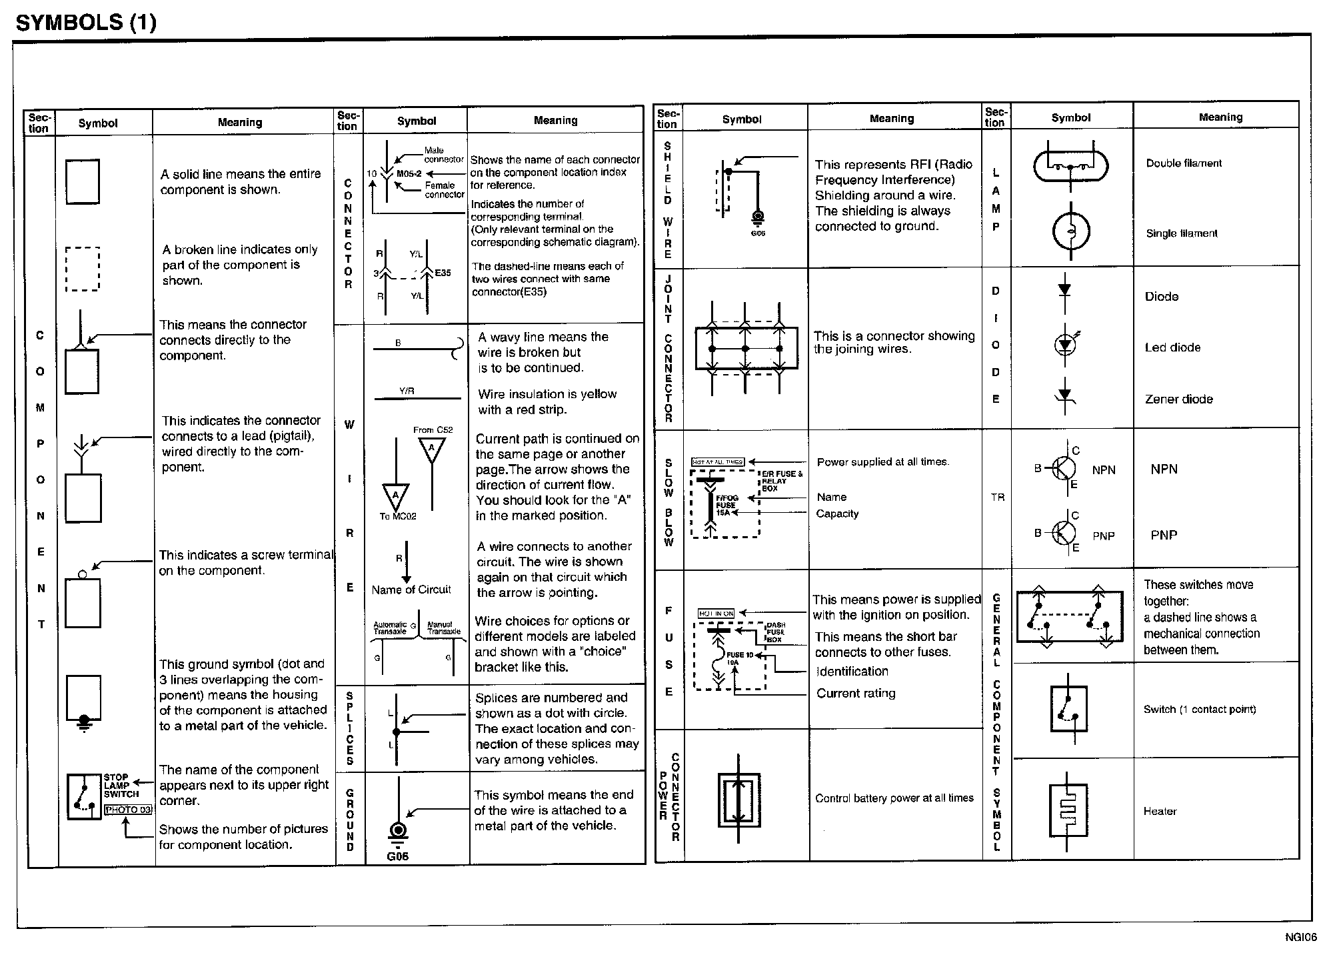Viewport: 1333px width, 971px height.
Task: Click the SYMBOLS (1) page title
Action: pyautogui.click(x=86, y=23)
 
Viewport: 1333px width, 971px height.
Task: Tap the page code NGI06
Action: pyautogui.click(x=1301, y=938)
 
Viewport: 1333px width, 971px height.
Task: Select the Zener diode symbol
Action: pyautogui.click(x=1064, y=399)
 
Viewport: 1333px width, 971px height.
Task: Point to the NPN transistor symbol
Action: pyautogui.click(x=1064, y=469)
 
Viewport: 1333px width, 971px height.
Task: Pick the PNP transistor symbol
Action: pyautogui.click(x=1064, y=533)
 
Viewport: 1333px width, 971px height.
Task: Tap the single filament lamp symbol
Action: pyautogui.click(x=1070, y=232)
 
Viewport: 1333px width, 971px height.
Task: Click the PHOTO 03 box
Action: pyautogui.click(x=128, y=810)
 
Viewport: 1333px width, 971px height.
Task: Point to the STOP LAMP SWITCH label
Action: pyautogui.click(x=121, y=786)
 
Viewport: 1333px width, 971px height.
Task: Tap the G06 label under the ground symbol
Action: pyautogui.click(x=397, y=856)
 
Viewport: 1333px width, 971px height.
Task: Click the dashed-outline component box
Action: pyautogui.click(x=83, y=269)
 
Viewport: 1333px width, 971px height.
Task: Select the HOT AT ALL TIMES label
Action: pyautogui.click(x=717, y=461)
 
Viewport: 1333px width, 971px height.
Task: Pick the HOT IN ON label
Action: pyautogui.click(x=716, y=613)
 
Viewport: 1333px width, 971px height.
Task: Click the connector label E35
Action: pyautogui.click(x=443, y=273)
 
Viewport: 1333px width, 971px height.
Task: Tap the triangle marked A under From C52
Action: pyautogui.click(x=432, y=449)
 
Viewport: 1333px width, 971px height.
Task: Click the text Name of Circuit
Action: pyautogui.click(x=411, y=590)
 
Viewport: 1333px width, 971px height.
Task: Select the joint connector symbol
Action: pyautogui.click(x=746, y=348)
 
